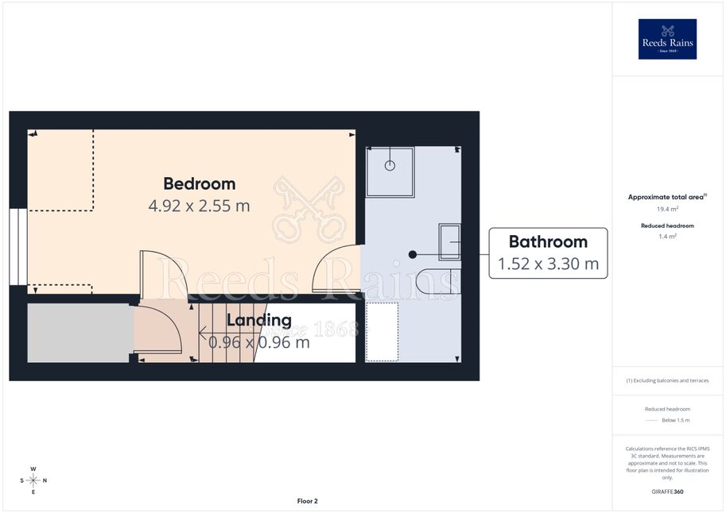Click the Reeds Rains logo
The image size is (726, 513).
coord(667,39)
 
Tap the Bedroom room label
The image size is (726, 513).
coord(200,183)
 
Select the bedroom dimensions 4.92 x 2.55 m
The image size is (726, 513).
coord(199,206)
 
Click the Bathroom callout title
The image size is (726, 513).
coord(548,241)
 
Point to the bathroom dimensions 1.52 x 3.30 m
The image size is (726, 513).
coord(548,264)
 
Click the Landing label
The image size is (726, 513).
coord(259,320)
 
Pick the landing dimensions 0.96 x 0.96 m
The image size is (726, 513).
coord(259,342)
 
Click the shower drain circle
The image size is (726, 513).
coord(390,166)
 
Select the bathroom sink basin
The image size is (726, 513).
coord(449,241)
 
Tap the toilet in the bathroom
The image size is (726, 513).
coord(438,281)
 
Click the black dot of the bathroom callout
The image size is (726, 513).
coord(413,254)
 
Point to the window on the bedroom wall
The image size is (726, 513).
coord(18,247)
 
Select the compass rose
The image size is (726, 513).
coord(33,480)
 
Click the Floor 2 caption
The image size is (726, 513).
coord(308,501)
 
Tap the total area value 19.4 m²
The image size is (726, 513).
coord(668,209)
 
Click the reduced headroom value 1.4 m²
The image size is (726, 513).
coord(668,237)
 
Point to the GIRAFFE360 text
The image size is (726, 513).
coord(667,492)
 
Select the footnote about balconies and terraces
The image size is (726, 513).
coord(667,380)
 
